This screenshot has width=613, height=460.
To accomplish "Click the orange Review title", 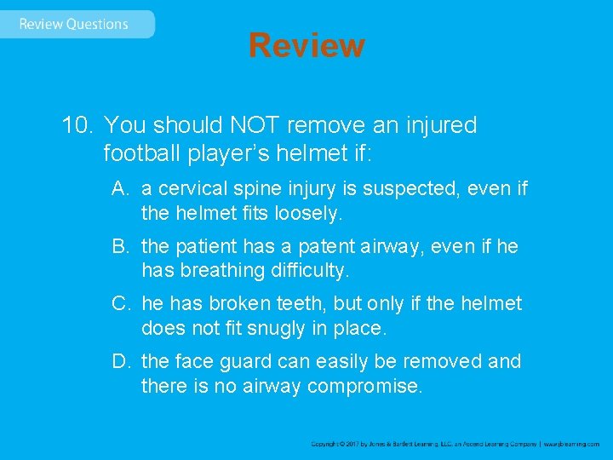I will click(306, 45).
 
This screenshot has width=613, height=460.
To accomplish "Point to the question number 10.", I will click(77, 125).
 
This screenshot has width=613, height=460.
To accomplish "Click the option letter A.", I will click(121, 187).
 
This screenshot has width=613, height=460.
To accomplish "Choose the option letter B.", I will click(121, 246).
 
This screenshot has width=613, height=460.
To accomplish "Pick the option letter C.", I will click(121, 303).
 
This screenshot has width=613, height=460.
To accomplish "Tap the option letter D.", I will click(121, 361).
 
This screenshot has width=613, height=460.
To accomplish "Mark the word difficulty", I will click(306, 271).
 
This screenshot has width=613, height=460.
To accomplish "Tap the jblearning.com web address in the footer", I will click(573, 444).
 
